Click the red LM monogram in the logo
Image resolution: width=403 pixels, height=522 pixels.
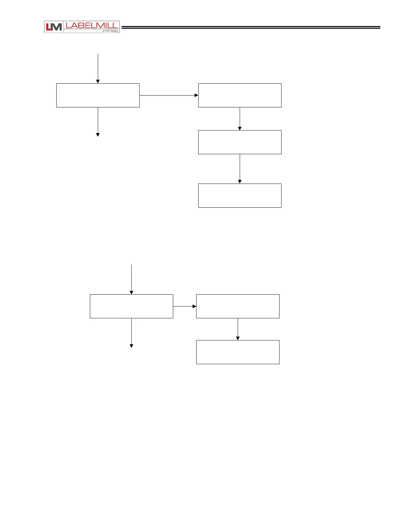tap(53, 27)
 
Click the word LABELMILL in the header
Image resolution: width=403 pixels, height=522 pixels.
tap(91, 25)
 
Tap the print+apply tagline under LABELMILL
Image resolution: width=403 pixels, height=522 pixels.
tap(110, 31)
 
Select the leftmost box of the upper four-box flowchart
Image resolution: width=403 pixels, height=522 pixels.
tap(98, 95)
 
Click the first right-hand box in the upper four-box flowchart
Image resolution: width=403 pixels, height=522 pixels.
tap(240, 95)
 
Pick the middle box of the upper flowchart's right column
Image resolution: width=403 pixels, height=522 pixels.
tap(240, 142)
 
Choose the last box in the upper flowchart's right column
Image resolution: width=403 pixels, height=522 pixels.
tap(240, 195)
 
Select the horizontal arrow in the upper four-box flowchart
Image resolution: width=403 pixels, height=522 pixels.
tap(169, 95)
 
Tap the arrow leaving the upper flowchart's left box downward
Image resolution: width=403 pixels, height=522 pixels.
tap(98, 122)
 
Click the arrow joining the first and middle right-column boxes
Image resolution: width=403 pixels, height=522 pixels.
tap(240, 119)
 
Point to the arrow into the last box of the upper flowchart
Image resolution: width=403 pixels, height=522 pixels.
tap(240, 169)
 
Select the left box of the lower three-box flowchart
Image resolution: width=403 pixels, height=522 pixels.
tap(131, 306)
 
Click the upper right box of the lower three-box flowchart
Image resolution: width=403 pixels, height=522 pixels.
tap(238, 306)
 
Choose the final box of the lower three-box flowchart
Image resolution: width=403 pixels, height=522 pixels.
tap(238, 352)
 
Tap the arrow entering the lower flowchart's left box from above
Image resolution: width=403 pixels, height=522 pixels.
tap(131, 279)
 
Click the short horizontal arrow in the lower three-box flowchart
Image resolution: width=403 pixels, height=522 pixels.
tap(184, 306)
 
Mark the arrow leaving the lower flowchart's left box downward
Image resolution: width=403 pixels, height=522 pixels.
tap(131, 333)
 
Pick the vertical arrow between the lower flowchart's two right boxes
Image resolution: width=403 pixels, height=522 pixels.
tap(238, 329)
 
